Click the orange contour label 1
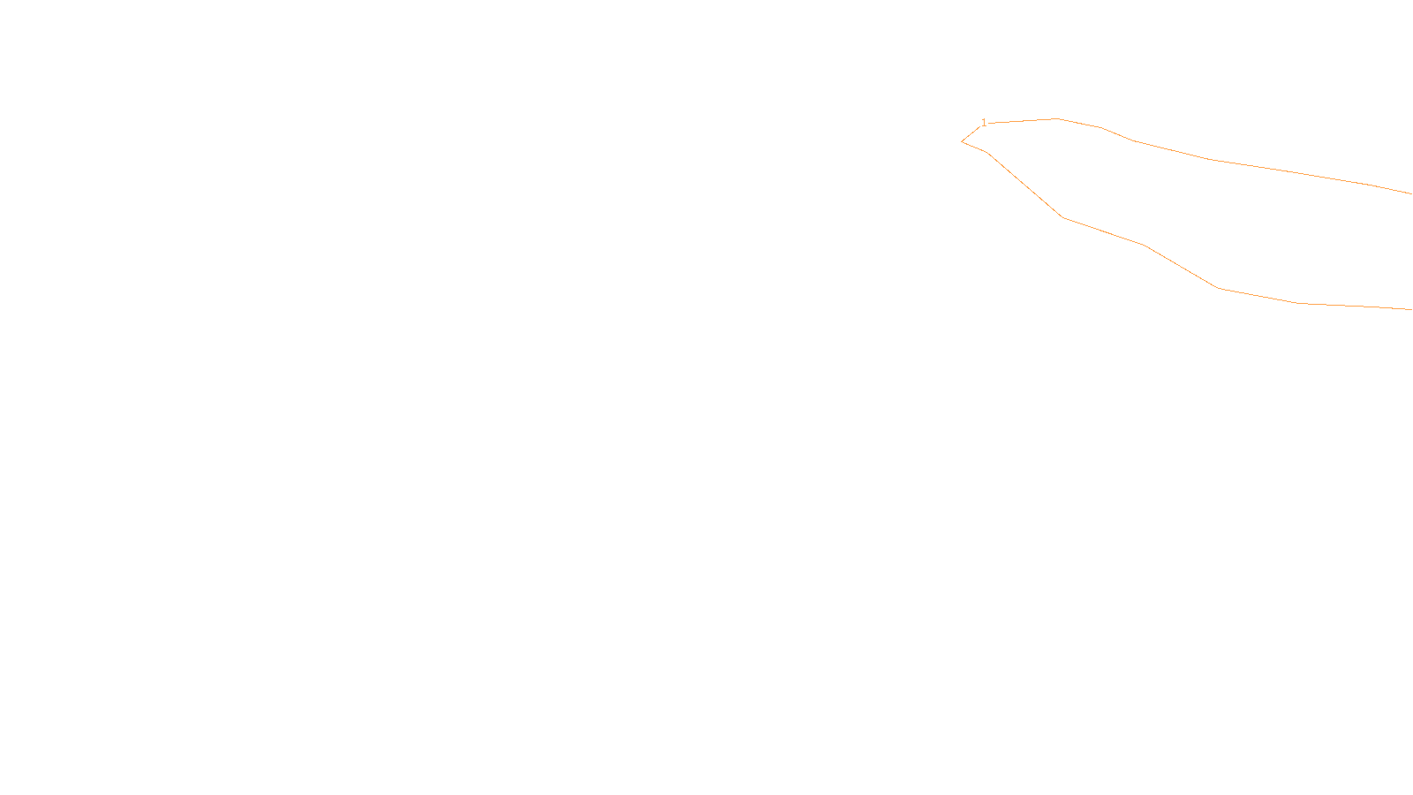tap(984, 123)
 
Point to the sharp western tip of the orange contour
tap(962, 141)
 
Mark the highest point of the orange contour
tap(1057, 118)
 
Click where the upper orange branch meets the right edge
tap(1410, 193)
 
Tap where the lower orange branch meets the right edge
tap(1410, 309)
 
